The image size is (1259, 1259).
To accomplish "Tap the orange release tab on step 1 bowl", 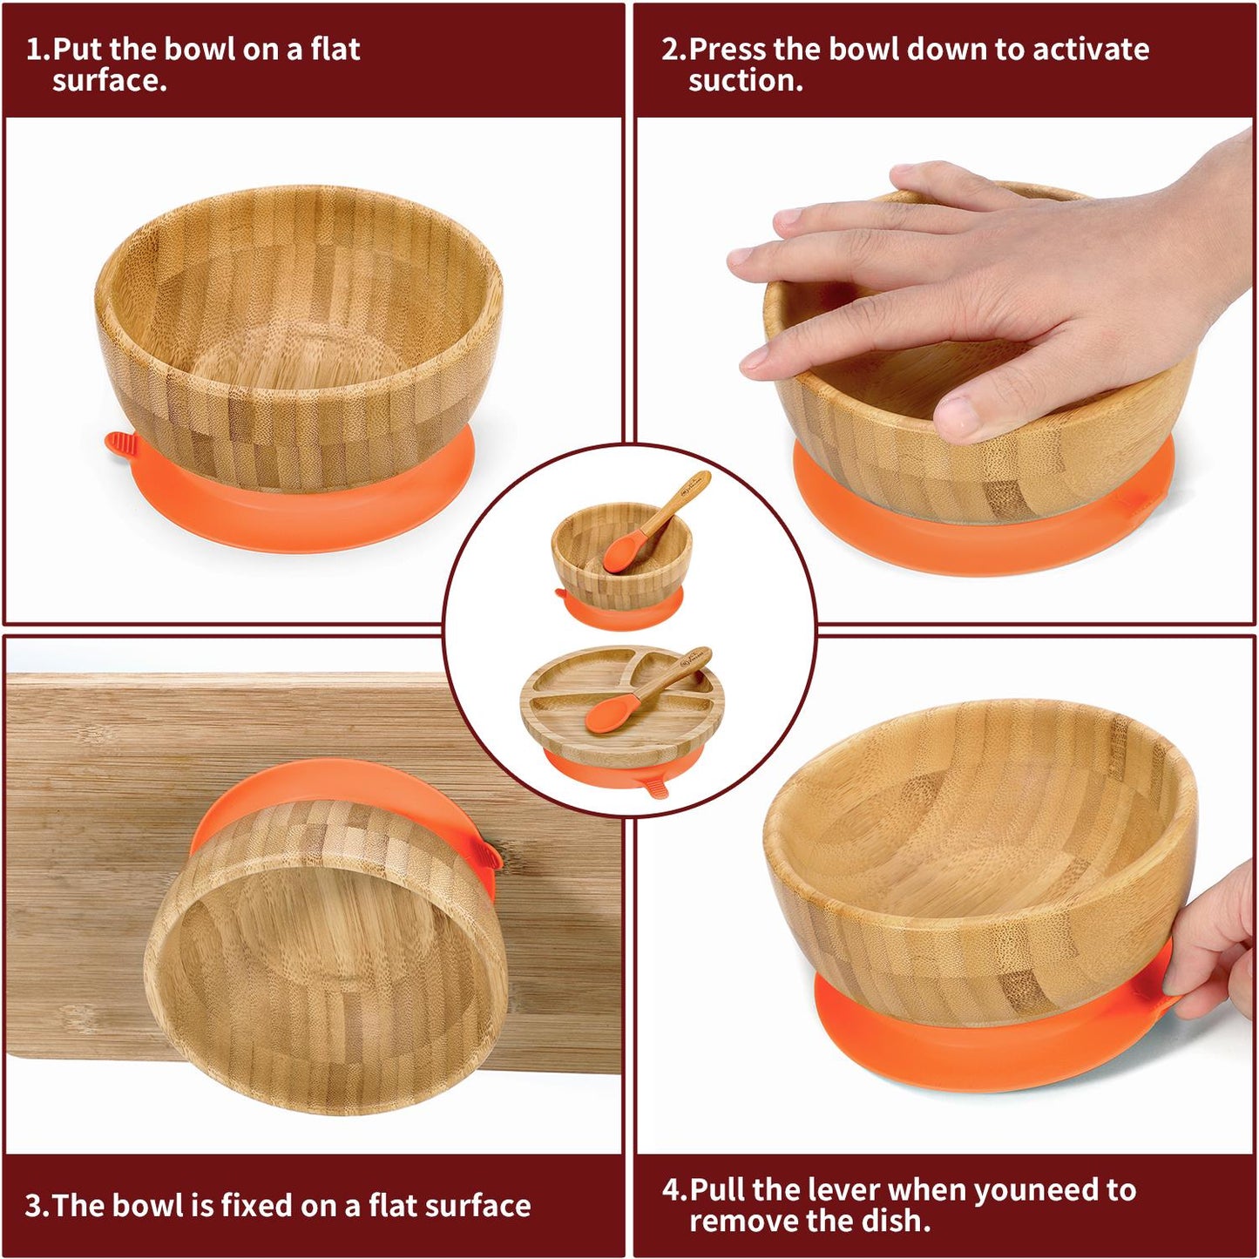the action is tap(121, 446).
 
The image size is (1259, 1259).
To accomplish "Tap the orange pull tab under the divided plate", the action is tap(654, 784).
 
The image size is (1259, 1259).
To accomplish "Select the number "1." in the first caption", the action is tap(37, 50).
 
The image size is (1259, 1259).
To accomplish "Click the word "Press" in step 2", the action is tap(729, 50).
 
